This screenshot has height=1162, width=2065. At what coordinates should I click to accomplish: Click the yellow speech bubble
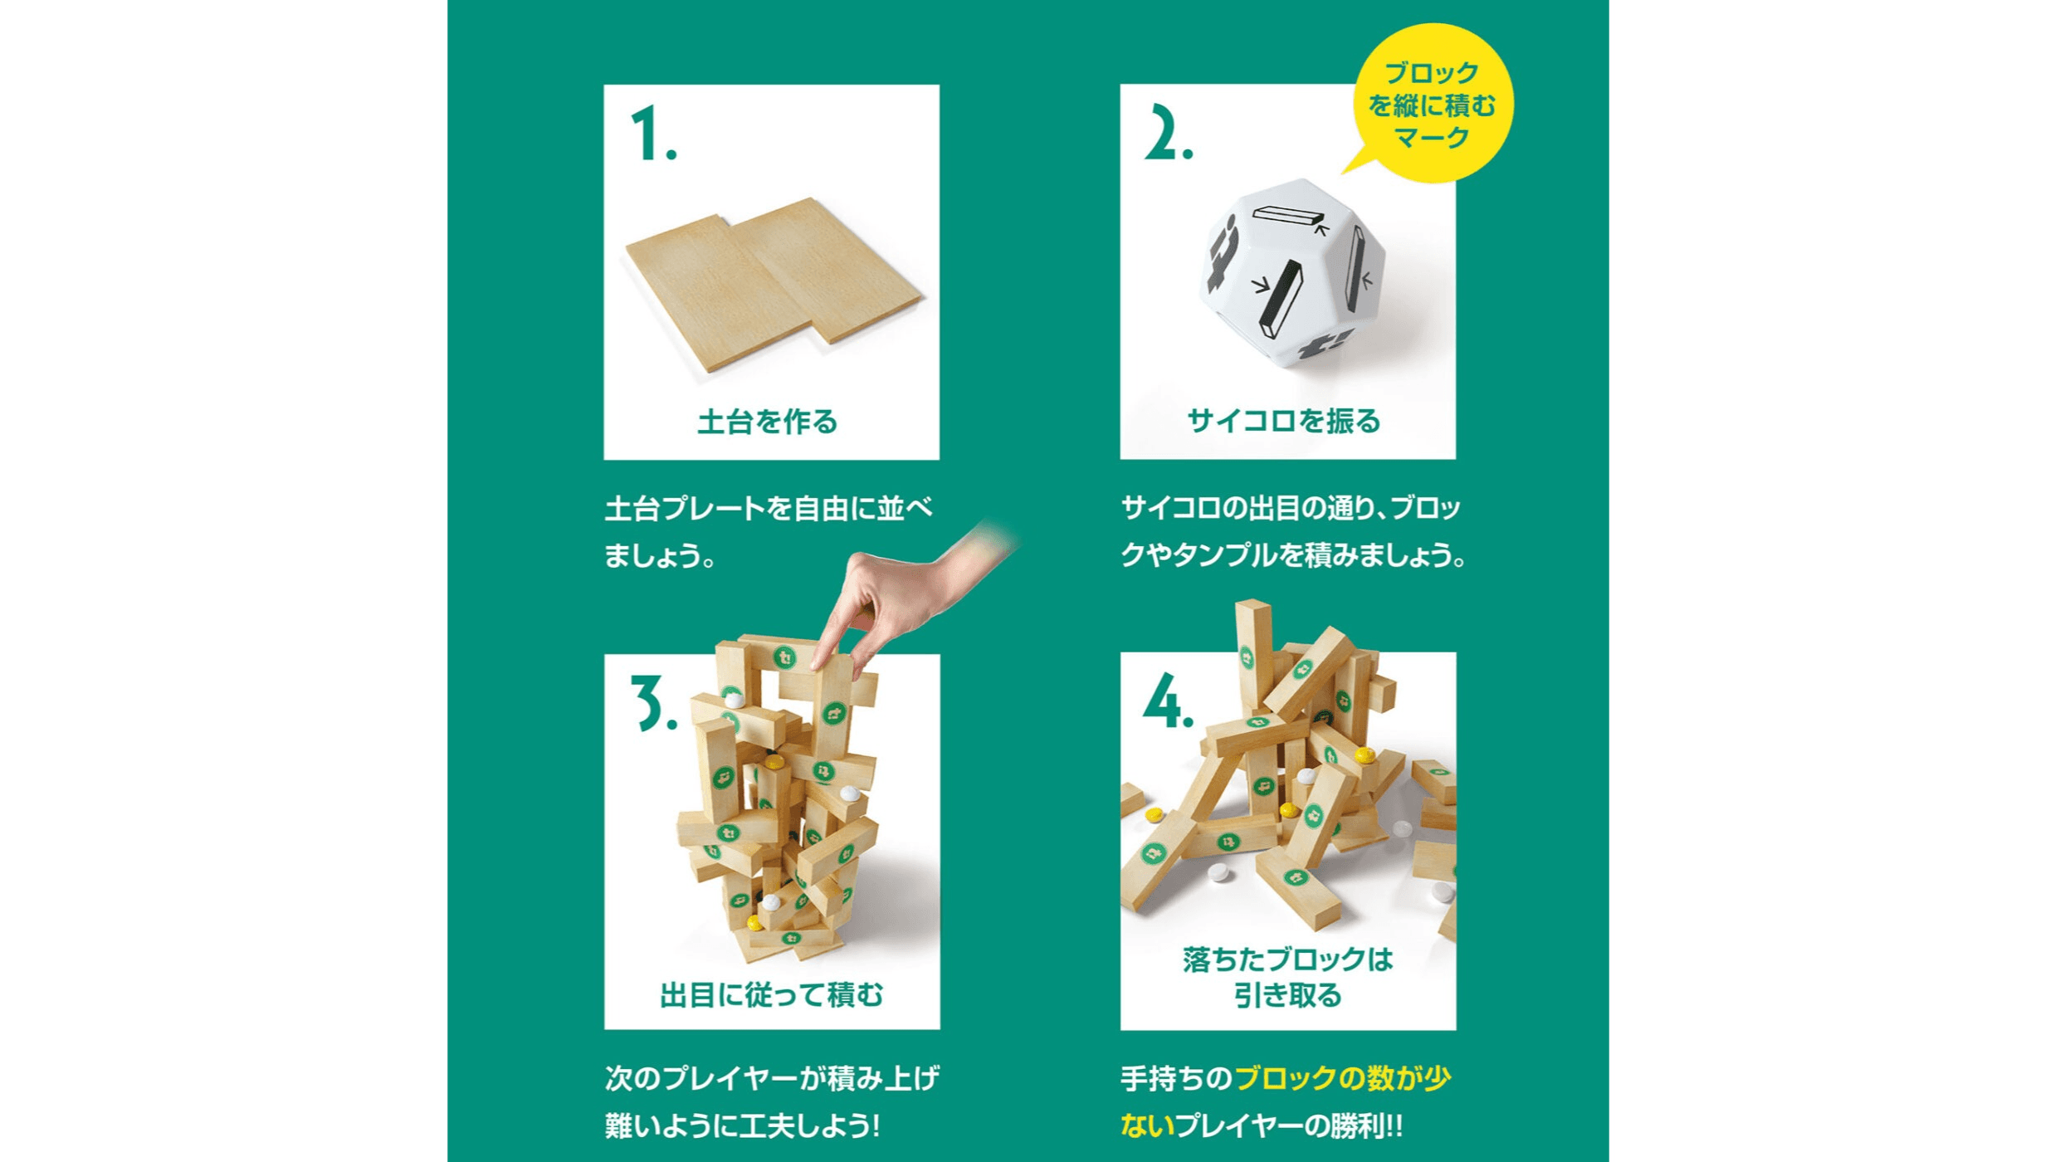(x=1433, y=103)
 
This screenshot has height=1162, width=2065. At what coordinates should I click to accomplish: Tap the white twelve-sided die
(x=1291, y=274)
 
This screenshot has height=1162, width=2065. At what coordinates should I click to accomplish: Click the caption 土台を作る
(x=768, y=422)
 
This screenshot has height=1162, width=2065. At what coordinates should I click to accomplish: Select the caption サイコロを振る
(x=1284, y=422)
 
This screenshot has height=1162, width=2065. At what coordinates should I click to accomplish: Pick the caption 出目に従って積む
(x=771, y=994)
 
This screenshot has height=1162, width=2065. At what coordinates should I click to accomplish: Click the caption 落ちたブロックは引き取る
(x=1287, y=977)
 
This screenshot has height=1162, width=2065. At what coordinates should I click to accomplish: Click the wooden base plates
(x=772, y=282)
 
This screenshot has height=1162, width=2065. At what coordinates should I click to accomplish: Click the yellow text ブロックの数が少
(x=1342, y=1077)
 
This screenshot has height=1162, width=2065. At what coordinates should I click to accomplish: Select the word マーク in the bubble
(x=1433, y=138)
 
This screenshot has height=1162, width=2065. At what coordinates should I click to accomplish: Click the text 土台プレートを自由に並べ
(x=769, y=508)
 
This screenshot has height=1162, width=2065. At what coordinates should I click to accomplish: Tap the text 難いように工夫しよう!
(x=742, y=1125)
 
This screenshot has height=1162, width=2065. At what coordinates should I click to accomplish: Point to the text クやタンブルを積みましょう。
(x=1293, y=555)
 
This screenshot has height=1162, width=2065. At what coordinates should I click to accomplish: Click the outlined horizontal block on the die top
(x=1286, y=216)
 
